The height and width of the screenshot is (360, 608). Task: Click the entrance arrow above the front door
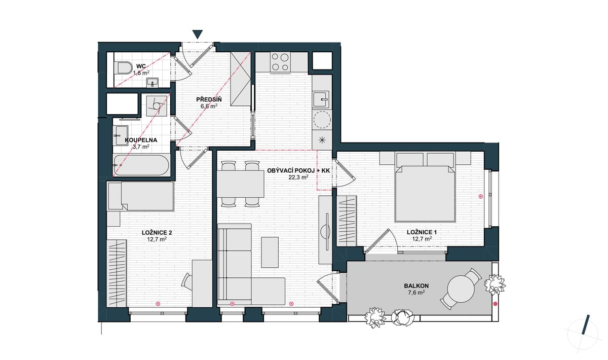[198, 34]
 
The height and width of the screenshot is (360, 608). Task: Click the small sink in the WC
[153, 82]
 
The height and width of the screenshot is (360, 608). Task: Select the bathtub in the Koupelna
[141, 165]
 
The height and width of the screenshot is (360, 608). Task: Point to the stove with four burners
[280, 62]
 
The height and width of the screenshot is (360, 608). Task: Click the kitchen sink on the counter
[321, 99]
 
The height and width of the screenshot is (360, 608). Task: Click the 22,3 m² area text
[298, 177]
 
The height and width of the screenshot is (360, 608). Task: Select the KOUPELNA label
[141, 140]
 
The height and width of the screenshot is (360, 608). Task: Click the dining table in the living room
[241, 184]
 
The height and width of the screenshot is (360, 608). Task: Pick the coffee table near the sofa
[270, 252]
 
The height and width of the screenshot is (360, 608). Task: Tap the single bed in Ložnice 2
[141, 196]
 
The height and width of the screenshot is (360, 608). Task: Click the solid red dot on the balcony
[496, 304]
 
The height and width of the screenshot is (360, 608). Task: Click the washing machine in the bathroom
[157, 105]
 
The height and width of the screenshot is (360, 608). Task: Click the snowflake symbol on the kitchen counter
[322, 140]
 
